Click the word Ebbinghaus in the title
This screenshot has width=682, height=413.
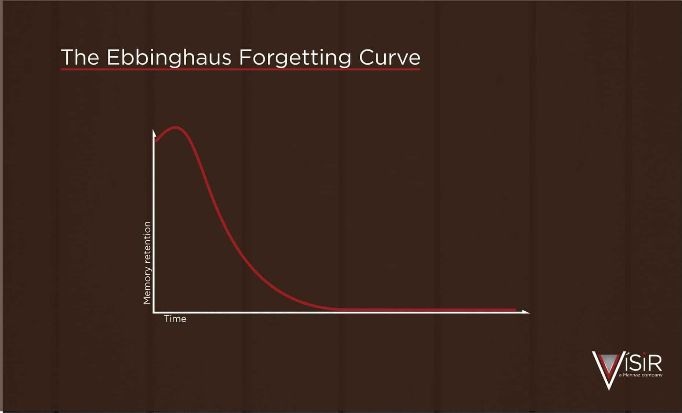click(169, 58)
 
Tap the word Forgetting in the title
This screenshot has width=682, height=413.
click(295, 58)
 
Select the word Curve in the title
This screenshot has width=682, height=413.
click(389, 58)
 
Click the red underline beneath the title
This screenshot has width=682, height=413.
click(241, 69)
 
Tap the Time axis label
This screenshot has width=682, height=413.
click(175, 319)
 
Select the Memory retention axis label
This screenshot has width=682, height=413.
click(147, 263)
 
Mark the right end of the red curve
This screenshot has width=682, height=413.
click(516, 310)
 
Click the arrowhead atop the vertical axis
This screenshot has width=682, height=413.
click(154, 133)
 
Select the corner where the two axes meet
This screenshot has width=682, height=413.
click(154, 312)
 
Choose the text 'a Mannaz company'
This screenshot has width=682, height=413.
click(641, 375)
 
